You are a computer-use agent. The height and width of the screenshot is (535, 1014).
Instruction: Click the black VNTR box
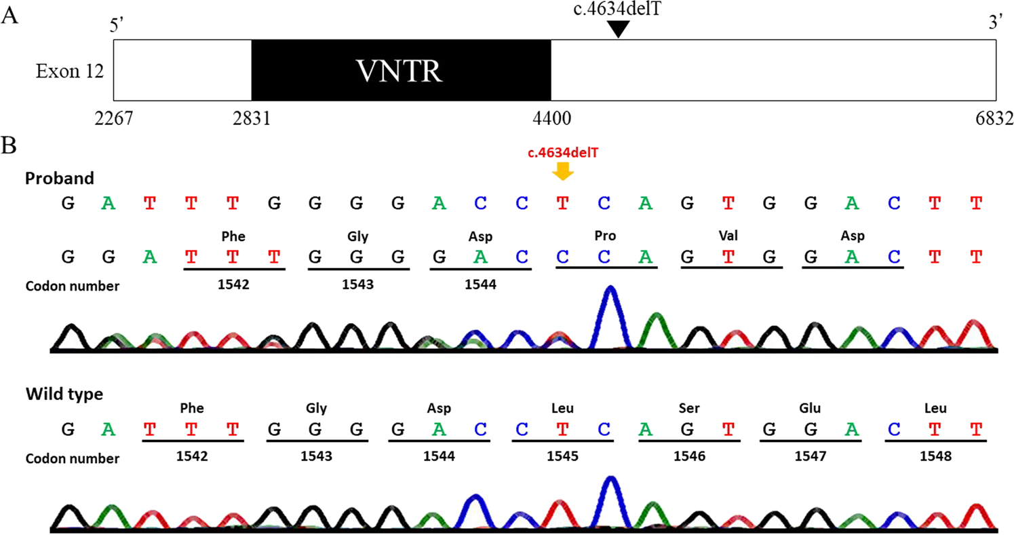click(x=401, y=69)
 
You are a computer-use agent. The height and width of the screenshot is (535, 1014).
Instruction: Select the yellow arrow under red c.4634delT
click(x=563, y=172)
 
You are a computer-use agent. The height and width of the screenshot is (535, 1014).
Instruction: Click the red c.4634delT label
click(x=563, y=153)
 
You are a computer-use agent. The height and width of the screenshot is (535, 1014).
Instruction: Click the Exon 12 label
click(x=70, y=71)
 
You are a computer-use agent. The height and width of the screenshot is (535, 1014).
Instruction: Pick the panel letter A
click(x=9, y=16)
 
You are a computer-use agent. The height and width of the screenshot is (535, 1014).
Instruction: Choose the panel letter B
click(x=9, y=145)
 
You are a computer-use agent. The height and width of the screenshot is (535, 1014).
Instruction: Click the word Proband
click(x=59, y=178)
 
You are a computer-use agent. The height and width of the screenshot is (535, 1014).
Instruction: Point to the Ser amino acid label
click(x=688, y=409)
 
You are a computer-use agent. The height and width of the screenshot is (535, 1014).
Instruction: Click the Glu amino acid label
click(x=811, y=409)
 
